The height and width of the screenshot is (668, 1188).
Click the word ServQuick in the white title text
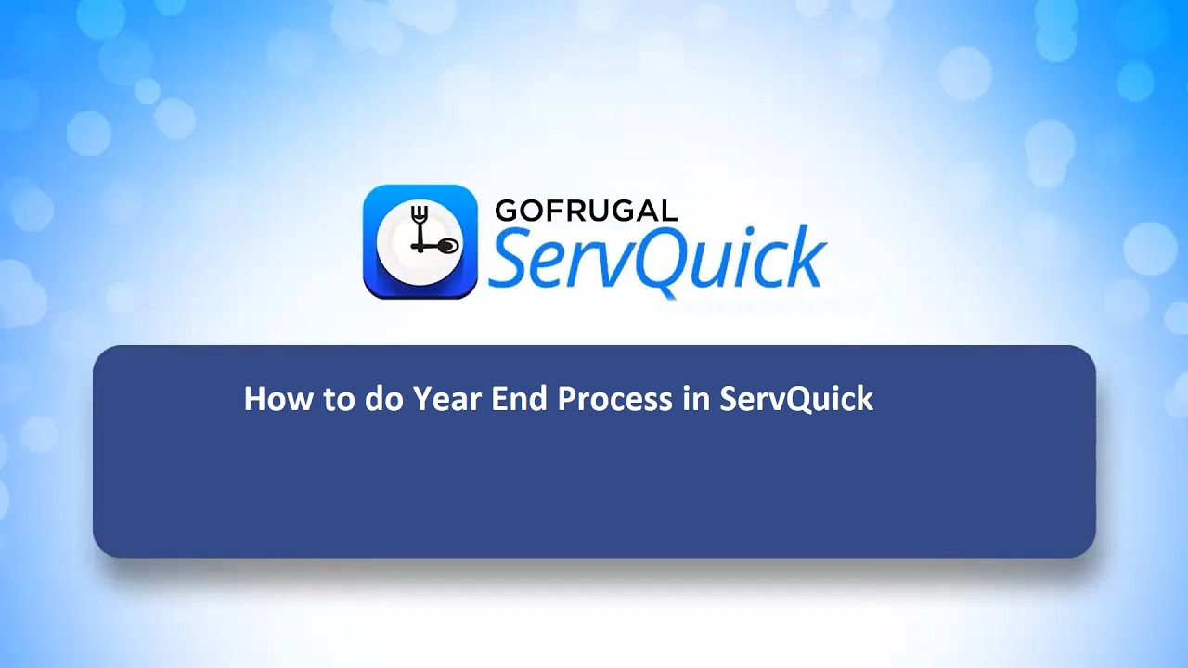796,400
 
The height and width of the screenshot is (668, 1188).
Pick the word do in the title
381,399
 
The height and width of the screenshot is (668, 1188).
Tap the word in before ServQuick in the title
696,399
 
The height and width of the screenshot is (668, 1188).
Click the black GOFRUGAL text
586,211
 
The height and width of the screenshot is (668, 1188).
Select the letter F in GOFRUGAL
554,211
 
